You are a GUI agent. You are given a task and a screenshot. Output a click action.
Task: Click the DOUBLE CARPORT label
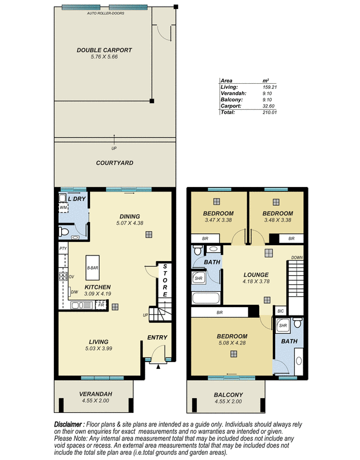(x=104, y=50)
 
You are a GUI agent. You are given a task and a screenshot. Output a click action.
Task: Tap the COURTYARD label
(x=115, y=163)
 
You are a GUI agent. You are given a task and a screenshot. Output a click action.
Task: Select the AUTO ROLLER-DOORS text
(x=105, y=13)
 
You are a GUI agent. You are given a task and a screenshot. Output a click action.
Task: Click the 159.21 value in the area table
(x=269, y=87)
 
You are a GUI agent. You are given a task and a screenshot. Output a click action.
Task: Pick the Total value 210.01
(x=269, y=112)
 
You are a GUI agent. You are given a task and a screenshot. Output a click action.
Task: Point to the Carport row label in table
(x=231, y=106)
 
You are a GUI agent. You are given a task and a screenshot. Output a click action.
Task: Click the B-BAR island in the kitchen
(x=93, y=267)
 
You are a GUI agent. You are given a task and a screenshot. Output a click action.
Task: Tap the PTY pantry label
(x=63, y=249)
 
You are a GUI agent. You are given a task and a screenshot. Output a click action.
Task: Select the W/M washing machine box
(x=63, y=208)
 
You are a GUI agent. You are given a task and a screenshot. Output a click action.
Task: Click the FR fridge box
(x=101, y=305)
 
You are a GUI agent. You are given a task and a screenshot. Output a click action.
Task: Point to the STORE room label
(x=165, y=280)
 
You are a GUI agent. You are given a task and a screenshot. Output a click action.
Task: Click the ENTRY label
(x=157, y=338)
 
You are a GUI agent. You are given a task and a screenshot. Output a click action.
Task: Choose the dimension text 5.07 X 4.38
(x=130, y=223)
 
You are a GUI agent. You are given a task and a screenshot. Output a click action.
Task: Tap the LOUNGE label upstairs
(x=256, y=275)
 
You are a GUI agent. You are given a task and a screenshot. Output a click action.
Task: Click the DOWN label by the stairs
(x=297, y=258)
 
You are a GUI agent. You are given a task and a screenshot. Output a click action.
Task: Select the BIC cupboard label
(x=281, y=311)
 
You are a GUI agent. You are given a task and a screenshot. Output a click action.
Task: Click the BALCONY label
(x=228, y=395)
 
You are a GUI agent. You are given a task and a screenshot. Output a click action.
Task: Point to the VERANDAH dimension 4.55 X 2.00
(x=96, y=401)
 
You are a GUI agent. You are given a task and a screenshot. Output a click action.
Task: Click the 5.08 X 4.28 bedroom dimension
(x=232, y=343)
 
